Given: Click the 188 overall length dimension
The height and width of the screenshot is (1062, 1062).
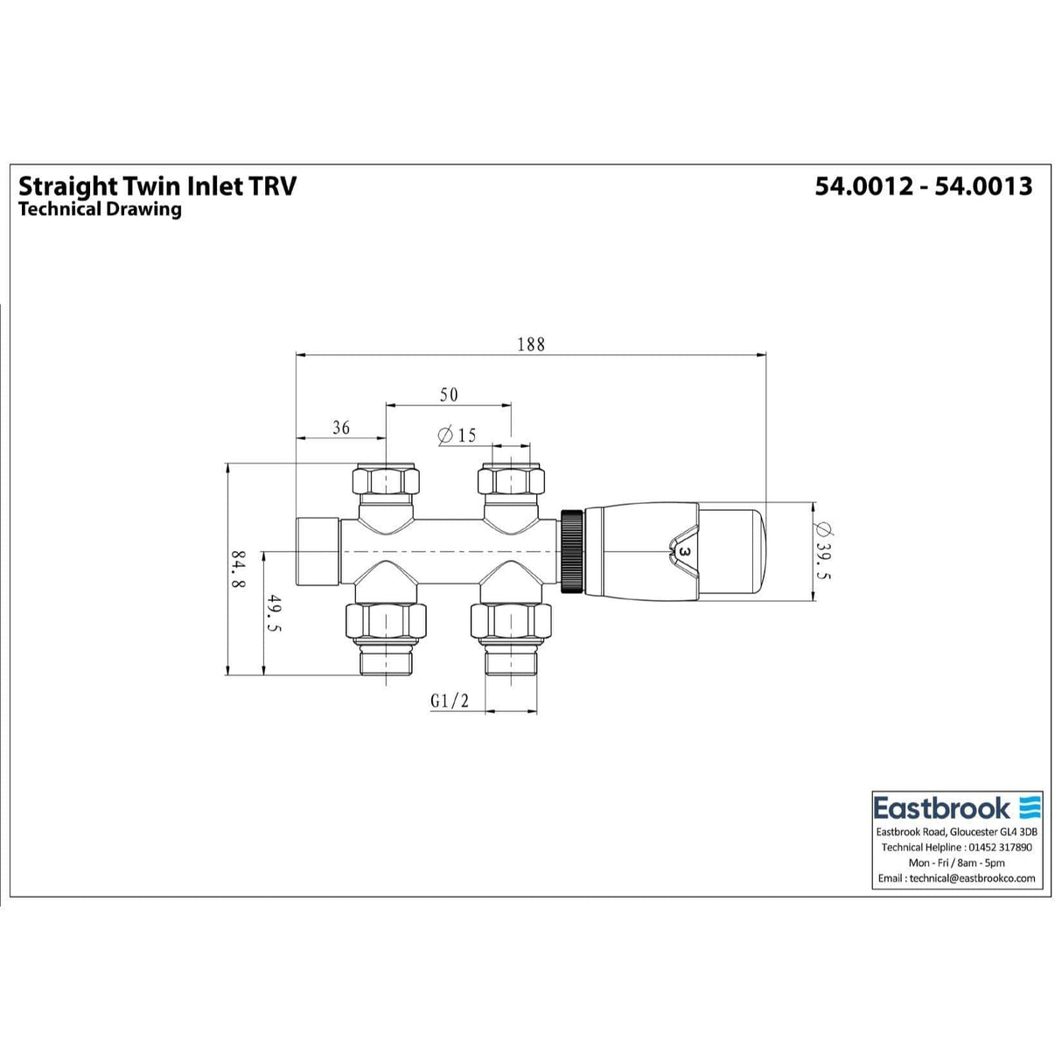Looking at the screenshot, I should [x=530, y=344].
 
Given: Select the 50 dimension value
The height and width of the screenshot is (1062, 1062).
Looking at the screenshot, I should [x=448, y=395].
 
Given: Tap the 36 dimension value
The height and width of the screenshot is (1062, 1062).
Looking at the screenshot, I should [x=341, y=428].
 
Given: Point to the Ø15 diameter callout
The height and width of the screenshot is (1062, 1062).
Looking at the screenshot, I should [x=457, y=435].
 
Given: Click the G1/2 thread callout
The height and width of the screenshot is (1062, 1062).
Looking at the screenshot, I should [x=450, y=702].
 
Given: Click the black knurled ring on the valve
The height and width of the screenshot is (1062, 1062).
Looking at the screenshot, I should [x=572, y=551].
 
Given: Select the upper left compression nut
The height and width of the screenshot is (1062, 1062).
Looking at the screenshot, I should [x=385, y=481].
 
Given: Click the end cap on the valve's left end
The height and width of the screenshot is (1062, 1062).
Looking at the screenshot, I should [x=318, y=551].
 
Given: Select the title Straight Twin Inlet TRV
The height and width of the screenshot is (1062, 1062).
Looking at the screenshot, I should [x=157, y=186].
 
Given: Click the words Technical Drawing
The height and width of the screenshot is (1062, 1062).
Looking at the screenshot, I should [x=100, y=209].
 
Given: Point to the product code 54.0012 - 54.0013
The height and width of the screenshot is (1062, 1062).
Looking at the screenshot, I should [x=924, y=186].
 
